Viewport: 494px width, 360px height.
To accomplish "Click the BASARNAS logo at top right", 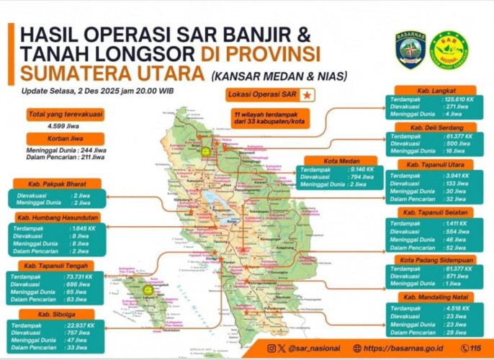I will [410, 49].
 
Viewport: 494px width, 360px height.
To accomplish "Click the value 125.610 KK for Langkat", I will [459, 98].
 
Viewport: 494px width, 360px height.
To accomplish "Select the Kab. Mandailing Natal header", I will [434, 297].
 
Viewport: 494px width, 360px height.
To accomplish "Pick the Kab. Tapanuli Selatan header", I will [434, 212].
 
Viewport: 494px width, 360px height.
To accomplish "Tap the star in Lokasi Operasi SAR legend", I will [305, 95].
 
